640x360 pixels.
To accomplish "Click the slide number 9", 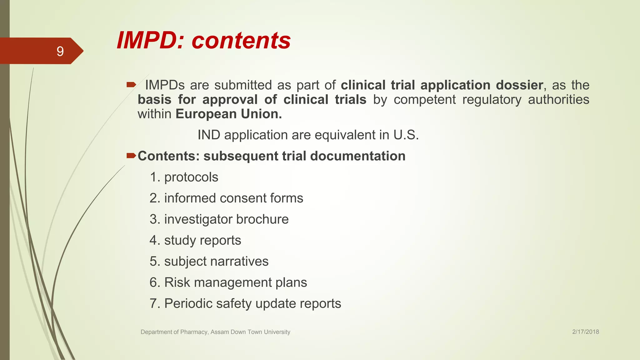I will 60,51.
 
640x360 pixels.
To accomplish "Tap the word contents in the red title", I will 241,41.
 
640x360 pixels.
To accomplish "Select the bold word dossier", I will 519,85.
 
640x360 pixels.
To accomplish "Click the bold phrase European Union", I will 228,114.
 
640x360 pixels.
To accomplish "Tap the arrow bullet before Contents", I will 131,155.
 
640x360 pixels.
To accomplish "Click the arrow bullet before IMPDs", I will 131,84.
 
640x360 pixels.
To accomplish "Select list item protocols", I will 191,177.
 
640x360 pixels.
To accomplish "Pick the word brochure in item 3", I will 262,219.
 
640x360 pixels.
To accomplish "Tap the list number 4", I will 153,240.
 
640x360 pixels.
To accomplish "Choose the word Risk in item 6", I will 177,282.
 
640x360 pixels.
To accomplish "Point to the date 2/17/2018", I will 585,332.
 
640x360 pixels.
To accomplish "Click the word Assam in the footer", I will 220,332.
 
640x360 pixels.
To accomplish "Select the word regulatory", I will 492,100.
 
